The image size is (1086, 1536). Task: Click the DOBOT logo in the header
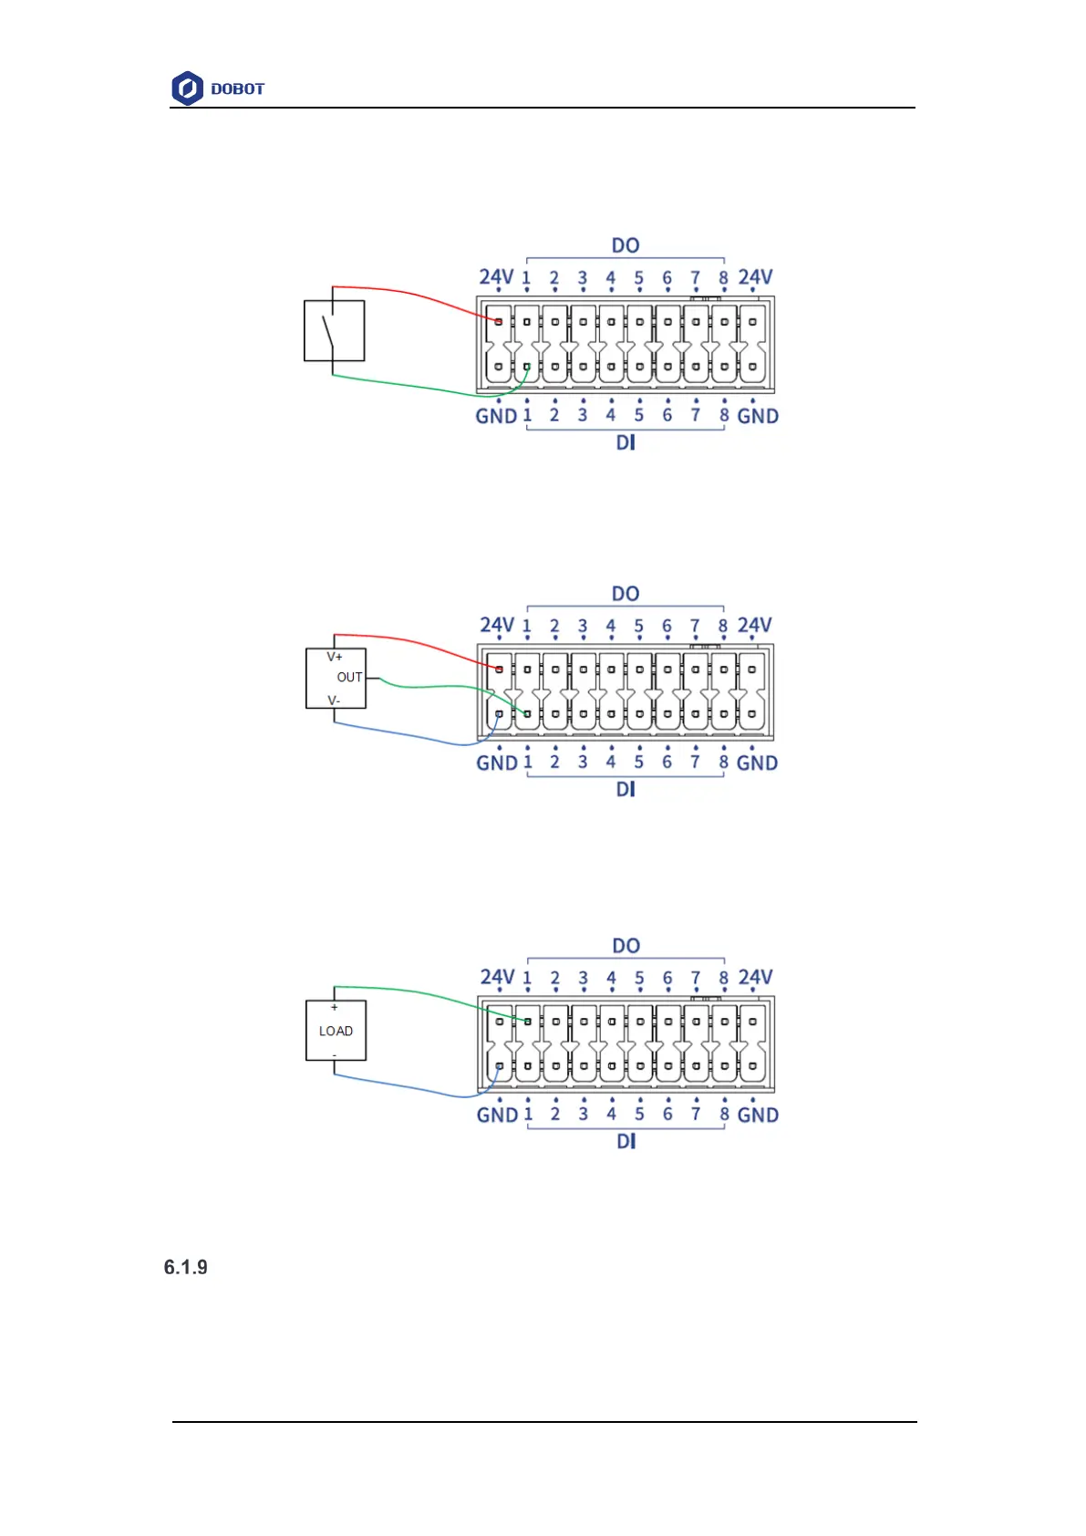pos(218,88)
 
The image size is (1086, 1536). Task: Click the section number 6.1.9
pos(186,1267)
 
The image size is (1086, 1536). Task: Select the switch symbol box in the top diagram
pos(334,331)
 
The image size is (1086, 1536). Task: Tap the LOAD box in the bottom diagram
pos(336,1031)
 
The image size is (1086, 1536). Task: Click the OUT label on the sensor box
pos(349,678)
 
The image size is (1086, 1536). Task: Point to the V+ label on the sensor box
pos(335,657)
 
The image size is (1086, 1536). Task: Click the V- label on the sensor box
pos(334,701)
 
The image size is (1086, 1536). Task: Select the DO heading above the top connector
pos(626,245)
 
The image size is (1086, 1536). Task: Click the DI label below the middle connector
pos(626,789)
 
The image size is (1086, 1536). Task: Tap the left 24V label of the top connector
pos(496,276)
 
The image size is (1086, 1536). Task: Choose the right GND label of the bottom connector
pos(758,1115)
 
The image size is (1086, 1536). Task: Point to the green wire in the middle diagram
pos(429,686)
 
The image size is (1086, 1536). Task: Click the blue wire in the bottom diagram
pos(410,1088)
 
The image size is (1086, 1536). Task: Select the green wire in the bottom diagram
pos(410,991)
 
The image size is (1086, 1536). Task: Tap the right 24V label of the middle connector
pos(755,625)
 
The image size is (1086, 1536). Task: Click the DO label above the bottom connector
pos(626,946)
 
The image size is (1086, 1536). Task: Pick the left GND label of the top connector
pos(496,416)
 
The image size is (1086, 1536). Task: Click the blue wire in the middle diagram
pos(410,736)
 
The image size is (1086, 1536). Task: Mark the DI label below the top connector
pos(626,442)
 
